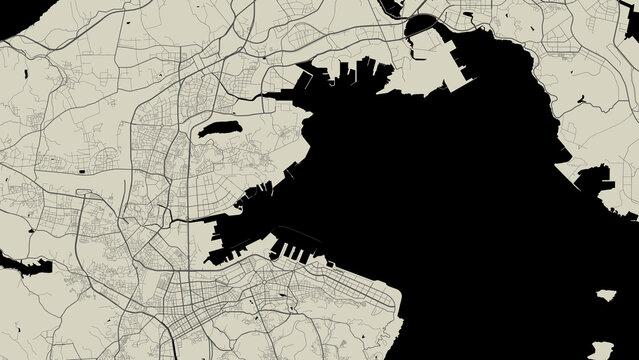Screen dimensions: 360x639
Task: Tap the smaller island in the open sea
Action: [x=605, y=295]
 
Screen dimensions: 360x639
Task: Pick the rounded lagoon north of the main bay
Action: [x=421, y=22]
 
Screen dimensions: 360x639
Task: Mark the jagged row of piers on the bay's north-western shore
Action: [x=350, y=75]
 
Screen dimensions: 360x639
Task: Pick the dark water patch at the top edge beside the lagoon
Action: [x=394, y=5]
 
